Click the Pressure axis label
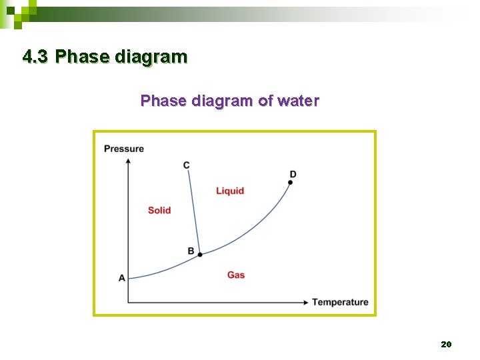point(124,148)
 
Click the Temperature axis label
point(340,302)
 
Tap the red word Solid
point(159,210)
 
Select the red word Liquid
point(230,191)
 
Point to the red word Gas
point(236,275)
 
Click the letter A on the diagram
point(121,277)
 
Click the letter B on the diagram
point(191,251)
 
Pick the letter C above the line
point(186,165)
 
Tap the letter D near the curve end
point(293,174)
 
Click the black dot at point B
point(200,254)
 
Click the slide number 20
point(446,344)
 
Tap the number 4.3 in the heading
point(35,57)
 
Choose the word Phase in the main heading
point(83,57)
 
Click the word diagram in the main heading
point(151,57)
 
